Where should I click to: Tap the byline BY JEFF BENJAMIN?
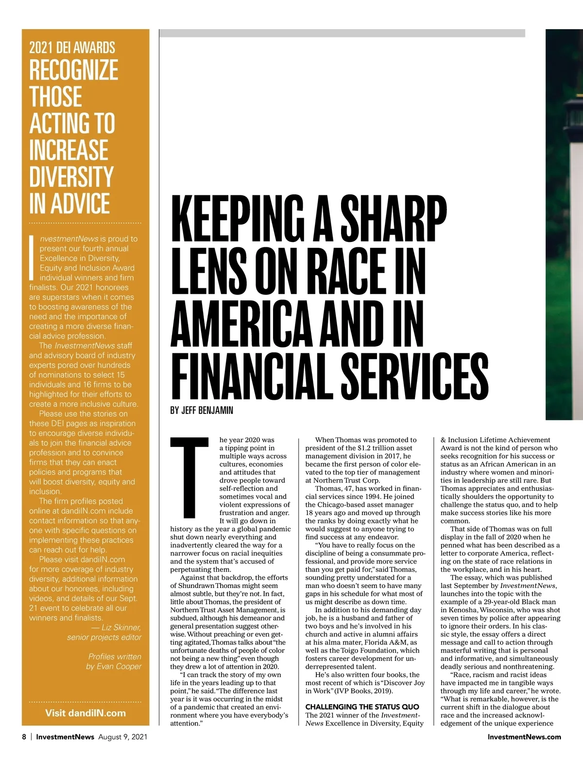(202, 411)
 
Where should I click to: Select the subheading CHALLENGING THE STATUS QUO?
(362, 706)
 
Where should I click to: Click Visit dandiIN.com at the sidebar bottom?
(85, 713)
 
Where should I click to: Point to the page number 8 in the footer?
(24, 737)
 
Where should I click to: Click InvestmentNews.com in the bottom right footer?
(524, 737)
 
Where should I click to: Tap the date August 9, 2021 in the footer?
(122, 737)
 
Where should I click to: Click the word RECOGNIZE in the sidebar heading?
(74, 70)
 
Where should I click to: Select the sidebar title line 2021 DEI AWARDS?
(72, 48)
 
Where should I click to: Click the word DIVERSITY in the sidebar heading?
(71, 177)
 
